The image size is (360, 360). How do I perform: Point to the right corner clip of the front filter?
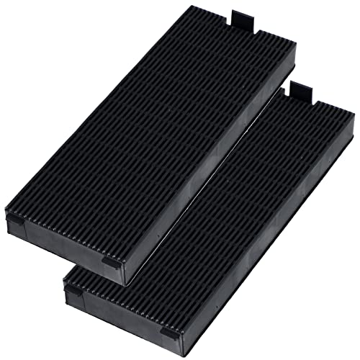coord(171,333)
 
